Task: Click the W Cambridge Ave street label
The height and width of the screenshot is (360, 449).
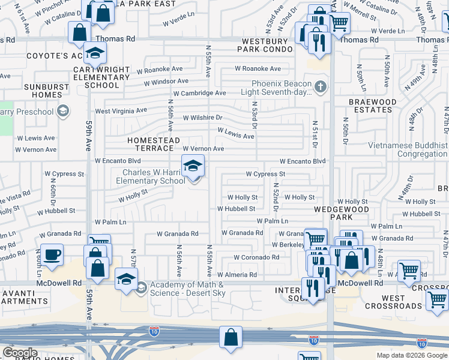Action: (199, 93)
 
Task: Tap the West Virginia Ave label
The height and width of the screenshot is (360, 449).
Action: (121, 111)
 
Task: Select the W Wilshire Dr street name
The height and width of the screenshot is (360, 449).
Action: (202, 118)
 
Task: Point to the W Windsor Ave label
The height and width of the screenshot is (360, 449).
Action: (162, 81)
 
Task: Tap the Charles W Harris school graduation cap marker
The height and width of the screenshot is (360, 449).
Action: (193, 166)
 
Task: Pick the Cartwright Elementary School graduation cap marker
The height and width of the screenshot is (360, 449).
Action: (95, 54)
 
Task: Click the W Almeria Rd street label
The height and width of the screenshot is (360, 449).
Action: (237, 275)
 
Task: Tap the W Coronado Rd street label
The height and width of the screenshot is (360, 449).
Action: (256, 257)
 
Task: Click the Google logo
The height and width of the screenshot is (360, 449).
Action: (20, 353)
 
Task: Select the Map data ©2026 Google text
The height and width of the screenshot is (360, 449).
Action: (411, 355)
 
